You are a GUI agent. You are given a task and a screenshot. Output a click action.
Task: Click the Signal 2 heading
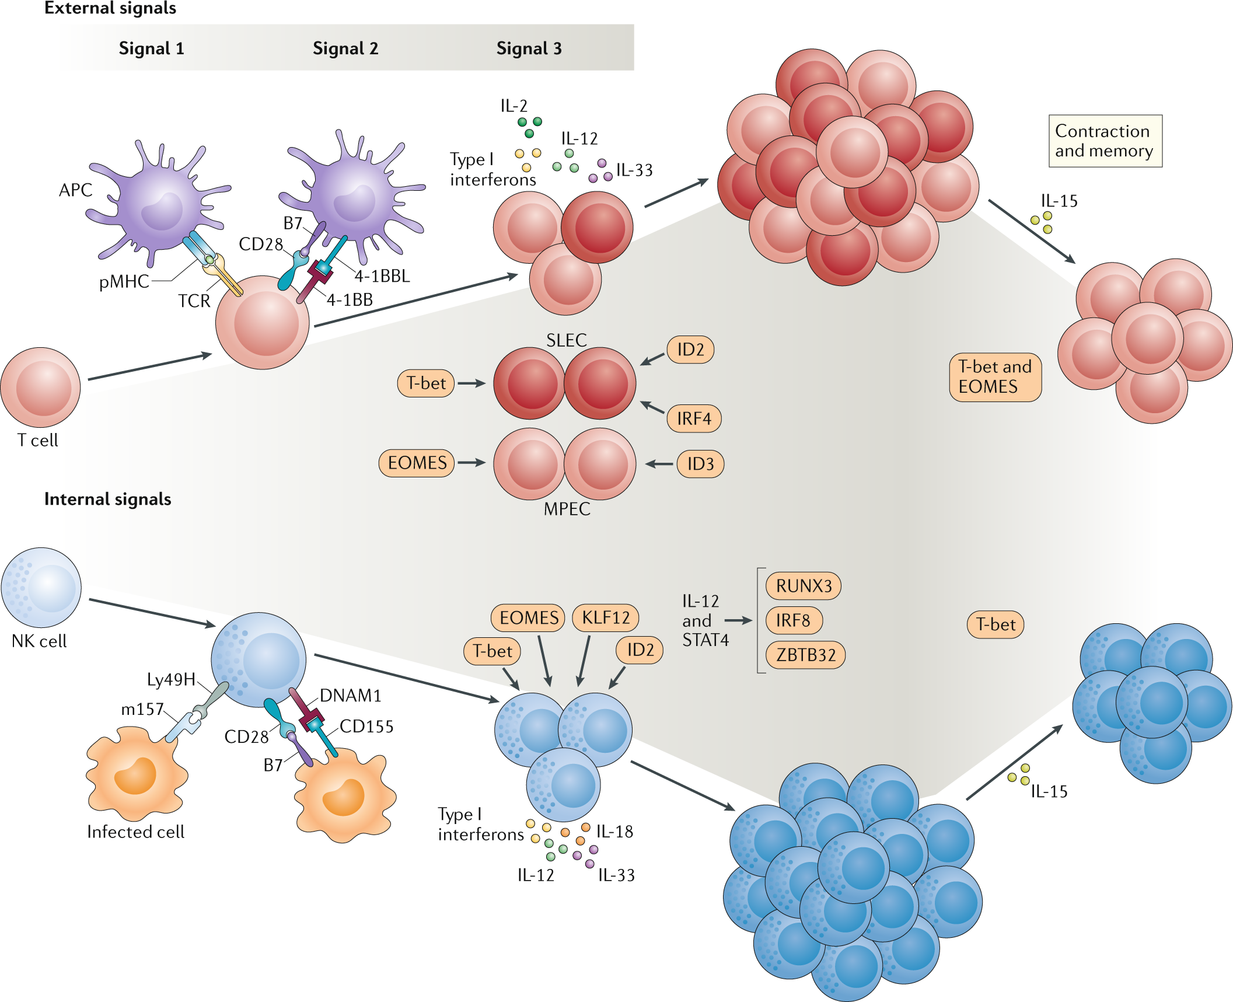[x=345, y=48]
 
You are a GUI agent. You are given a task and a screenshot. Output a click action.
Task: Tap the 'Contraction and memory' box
[x=1105, y=141]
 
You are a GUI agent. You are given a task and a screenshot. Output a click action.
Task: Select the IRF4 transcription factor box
[x=693, y=418]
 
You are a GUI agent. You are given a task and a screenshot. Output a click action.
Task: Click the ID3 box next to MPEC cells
[x=700, y=464]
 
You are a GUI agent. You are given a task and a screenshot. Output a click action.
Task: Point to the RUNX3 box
[x=803, y=586]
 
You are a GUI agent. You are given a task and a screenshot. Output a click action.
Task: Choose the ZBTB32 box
[x=805, y=655]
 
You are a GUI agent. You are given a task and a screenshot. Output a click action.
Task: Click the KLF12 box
[x=605, y=617]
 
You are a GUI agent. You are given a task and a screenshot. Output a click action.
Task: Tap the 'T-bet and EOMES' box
[x=995, y=377]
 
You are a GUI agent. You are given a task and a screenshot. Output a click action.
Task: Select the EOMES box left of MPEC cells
[x=417, y=463]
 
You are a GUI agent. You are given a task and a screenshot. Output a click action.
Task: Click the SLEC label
[x=566, y=340]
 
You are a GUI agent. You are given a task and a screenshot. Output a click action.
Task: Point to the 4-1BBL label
[x=382, y=276]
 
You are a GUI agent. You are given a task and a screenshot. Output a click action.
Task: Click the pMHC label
[x=124, y=282]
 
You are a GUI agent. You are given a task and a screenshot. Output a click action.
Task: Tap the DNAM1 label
[x=350, y=696]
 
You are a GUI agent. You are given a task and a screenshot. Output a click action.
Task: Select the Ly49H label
[x=170, y=679]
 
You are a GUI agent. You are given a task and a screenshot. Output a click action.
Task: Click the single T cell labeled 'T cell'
[x=40, y=388]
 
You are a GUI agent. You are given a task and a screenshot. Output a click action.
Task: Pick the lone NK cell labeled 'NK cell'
[x=41, y=588]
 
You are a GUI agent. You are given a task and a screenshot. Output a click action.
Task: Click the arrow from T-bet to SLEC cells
[x=471, y=383]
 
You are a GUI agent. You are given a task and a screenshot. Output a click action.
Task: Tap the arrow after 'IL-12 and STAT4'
[x=738, y=621]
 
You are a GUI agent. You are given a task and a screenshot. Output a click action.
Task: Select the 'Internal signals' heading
[x=107, y=499]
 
